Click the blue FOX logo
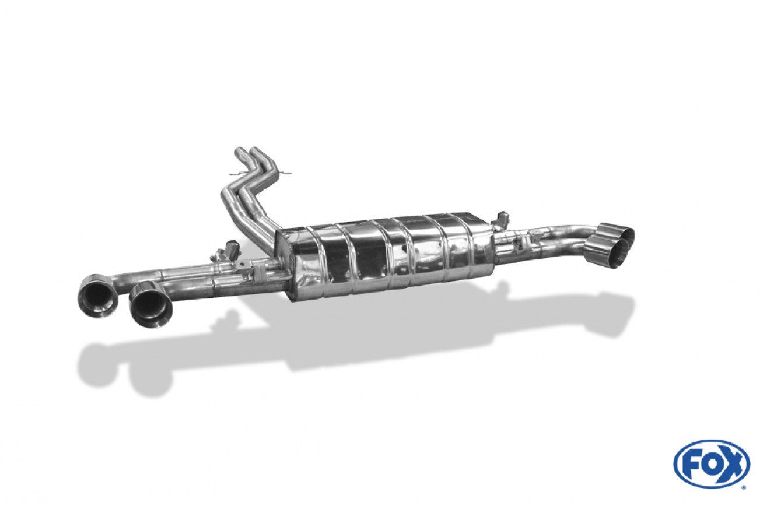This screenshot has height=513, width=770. [x=711, y=464]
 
